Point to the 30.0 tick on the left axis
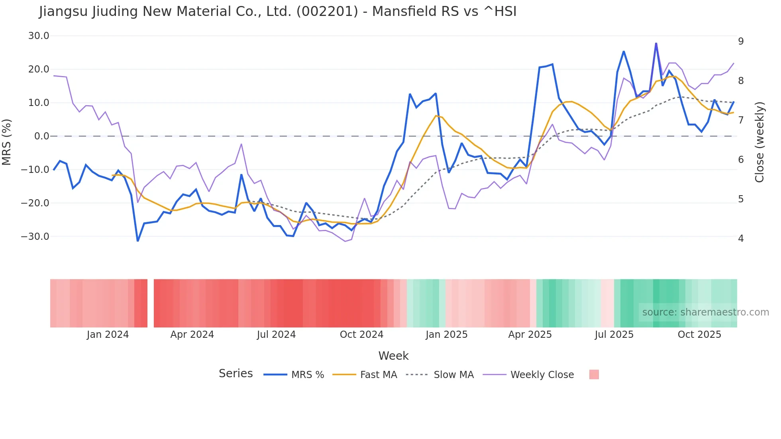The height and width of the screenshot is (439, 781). (x=39, y=36)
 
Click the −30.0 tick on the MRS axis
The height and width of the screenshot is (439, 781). (x=35, y=237)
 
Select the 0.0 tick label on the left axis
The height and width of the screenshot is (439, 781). (x=41, y=136)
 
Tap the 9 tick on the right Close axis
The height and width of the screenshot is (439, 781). (x=741, y=41)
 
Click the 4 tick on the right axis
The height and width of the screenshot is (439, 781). (x=741, y=239)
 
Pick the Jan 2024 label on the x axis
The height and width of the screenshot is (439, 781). (x=108, y=335)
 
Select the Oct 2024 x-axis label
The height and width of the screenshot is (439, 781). (x=361, y=335)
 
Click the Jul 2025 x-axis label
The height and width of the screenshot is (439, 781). (x=614, y=335)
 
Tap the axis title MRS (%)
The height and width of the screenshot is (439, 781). (x=7, y=142)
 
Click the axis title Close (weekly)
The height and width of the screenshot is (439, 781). (x=759, y=142)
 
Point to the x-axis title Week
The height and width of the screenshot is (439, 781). (x=393, y=356)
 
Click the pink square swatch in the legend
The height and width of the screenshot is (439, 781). (x=594, y=374)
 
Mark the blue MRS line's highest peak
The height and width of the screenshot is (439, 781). (x=656, y=43)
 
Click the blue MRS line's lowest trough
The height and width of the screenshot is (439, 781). (x=138, y=241)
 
